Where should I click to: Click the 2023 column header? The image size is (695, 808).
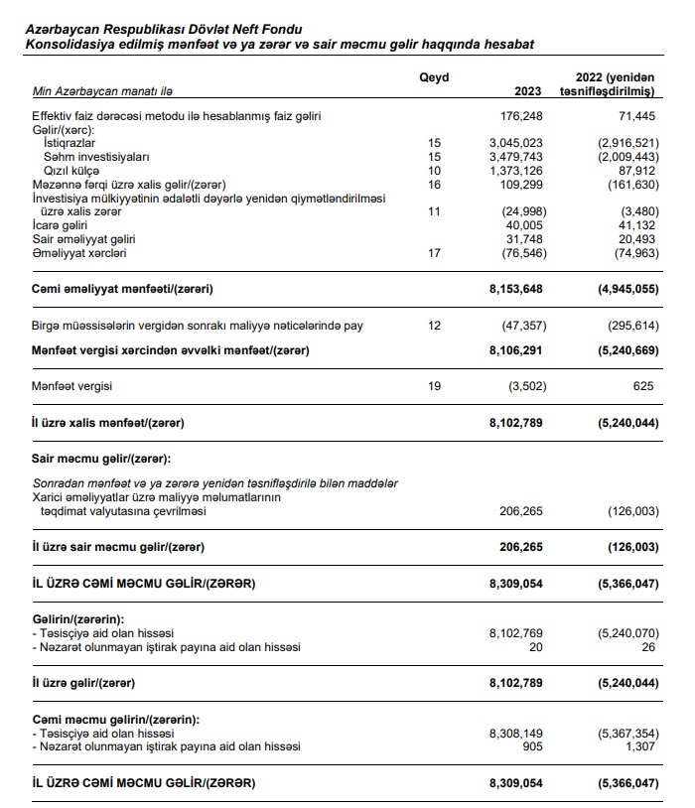[527, 91]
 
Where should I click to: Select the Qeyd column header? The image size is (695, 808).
[434, 76]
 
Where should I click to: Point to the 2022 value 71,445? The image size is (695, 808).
[635, 116]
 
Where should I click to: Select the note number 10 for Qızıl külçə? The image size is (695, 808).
[432, 171]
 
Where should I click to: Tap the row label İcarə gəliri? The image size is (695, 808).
[62, 225]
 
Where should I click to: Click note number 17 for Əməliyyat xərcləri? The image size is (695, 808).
[432, 253]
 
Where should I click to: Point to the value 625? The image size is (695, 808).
[643, 386]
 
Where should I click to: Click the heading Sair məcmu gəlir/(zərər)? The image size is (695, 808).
[101, 458]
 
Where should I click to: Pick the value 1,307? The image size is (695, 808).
[639, 746]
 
